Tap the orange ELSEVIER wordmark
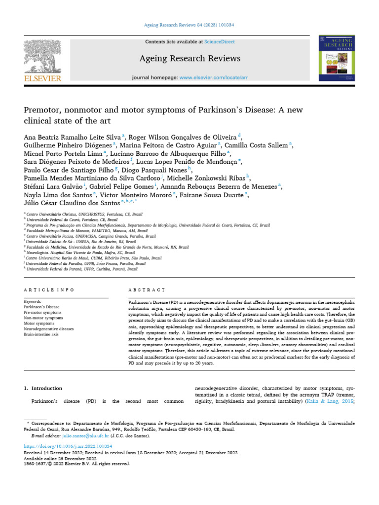42,78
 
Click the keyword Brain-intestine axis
41,334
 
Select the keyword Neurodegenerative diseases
48,328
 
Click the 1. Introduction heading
43,389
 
